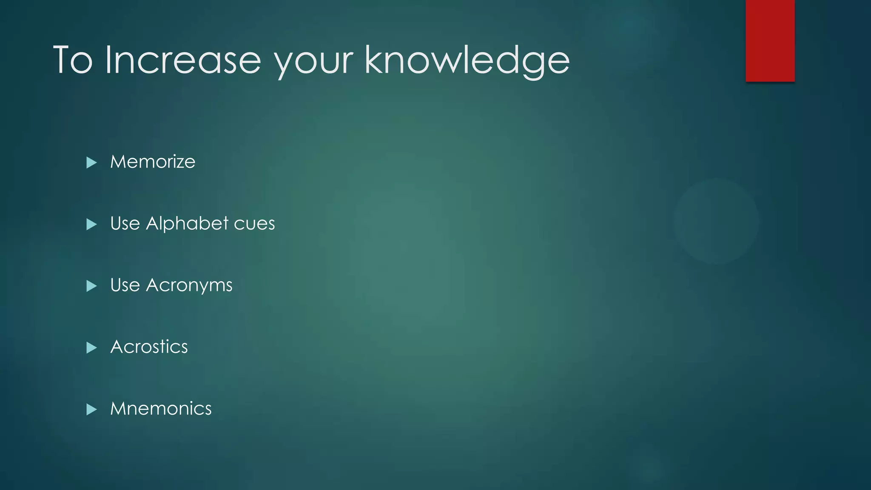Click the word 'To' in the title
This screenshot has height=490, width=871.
pos(73,60)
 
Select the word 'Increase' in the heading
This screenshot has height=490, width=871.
pos(183,60)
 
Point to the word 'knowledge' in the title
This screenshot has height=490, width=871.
pos(467,60)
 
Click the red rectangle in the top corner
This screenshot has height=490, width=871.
pos(770,40)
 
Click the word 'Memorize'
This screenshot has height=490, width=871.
pos(153,162)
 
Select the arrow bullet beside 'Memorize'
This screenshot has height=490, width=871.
pos(91,162)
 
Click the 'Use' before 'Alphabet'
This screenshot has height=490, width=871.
pos(125,224)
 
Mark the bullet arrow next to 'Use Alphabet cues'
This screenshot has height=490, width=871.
pos(91,224)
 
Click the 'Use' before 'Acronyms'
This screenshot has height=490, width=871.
pos(125,285)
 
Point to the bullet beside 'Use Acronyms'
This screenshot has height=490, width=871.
pos(91,286)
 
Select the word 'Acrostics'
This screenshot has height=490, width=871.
pos(149,347)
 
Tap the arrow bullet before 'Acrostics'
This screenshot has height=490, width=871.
pos(91,348)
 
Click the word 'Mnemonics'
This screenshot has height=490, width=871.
pos(161,409)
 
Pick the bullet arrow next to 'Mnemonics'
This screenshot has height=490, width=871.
pos(91,410)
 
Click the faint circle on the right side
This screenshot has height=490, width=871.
pos(716,221)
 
